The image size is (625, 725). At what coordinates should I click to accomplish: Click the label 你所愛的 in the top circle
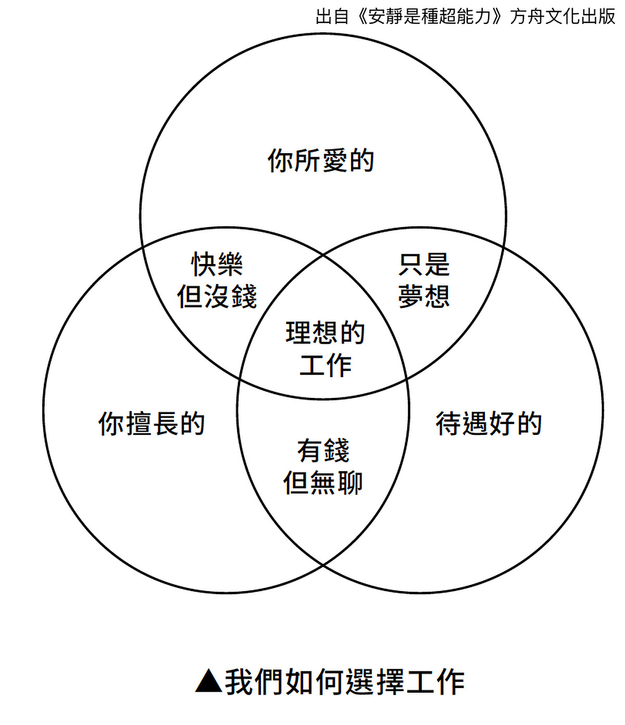tap(321, 160)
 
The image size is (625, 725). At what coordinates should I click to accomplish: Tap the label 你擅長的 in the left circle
tap(152, 424)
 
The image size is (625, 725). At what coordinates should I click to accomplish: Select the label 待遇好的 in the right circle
tap(489, 424)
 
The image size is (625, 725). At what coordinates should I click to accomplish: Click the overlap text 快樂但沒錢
tap(217, 281)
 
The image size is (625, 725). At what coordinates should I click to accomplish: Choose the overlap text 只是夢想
tap(424, 281)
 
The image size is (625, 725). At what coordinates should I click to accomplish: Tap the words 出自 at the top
tap(332, 17)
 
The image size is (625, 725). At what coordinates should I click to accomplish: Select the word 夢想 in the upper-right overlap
tap(424, 297)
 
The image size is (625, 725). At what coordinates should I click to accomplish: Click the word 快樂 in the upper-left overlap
tap(217, 265)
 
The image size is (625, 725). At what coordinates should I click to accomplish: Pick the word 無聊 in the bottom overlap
tap(336, 483)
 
